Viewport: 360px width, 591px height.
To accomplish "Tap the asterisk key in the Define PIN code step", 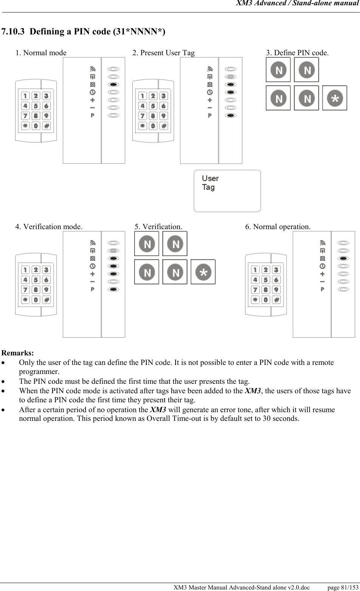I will [335, 98].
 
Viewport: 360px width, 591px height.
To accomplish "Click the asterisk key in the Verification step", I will [203, 272].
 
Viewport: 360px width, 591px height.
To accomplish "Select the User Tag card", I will [227, 191].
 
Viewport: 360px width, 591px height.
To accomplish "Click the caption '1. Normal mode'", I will [41, 53].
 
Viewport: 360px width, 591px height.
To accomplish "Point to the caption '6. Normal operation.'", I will [278, 226].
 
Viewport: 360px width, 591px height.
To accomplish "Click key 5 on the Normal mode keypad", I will [36, 106].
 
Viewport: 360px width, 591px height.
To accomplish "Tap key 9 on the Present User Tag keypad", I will [163, 116].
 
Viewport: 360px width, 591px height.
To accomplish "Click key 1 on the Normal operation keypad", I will [255, 270].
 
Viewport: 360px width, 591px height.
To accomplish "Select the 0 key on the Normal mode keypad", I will [36, 126].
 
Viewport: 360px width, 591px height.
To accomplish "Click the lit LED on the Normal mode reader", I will [113, 84].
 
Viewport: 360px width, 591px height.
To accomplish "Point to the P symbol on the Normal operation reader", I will [323, 289].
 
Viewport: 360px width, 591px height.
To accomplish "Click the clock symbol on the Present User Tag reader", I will [210, 92].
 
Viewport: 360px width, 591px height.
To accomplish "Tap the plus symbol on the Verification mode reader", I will [93, 274].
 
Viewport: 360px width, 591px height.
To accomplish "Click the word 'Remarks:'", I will [18, 353].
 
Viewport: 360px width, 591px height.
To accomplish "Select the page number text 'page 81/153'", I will [343, 587].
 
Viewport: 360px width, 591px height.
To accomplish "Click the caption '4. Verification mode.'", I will [49, 226].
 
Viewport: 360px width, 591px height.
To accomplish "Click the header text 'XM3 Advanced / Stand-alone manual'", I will [297, 3].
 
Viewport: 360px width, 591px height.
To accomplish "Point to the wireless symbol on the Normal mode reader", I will [93, 69].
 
